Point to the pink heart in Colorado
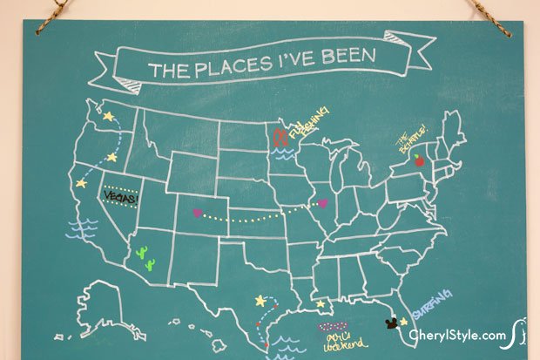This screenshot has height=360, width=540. pyautogui.click(x=196, y=213)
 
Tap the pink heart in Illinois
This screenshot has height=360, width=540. pyautogui.click(x=323, y=203)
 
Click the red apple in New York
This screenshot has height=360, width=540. pyautogui.click(x=418, y=160)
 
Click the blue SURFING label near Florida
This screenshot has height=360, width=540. pyautogui.click(x=432, y=304)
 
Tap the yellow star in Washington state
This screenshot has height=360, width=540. pyautogui.click(x=108, y=114)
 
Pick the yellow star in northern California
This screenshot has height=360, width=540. pyautogui.click(x=81, y=183)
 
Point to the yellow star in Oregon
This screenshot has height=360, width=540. pyautogui.click(x=111, y=158)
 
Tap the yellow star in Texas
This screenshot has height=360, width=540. pyautogui.click(x=260, y=301)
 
